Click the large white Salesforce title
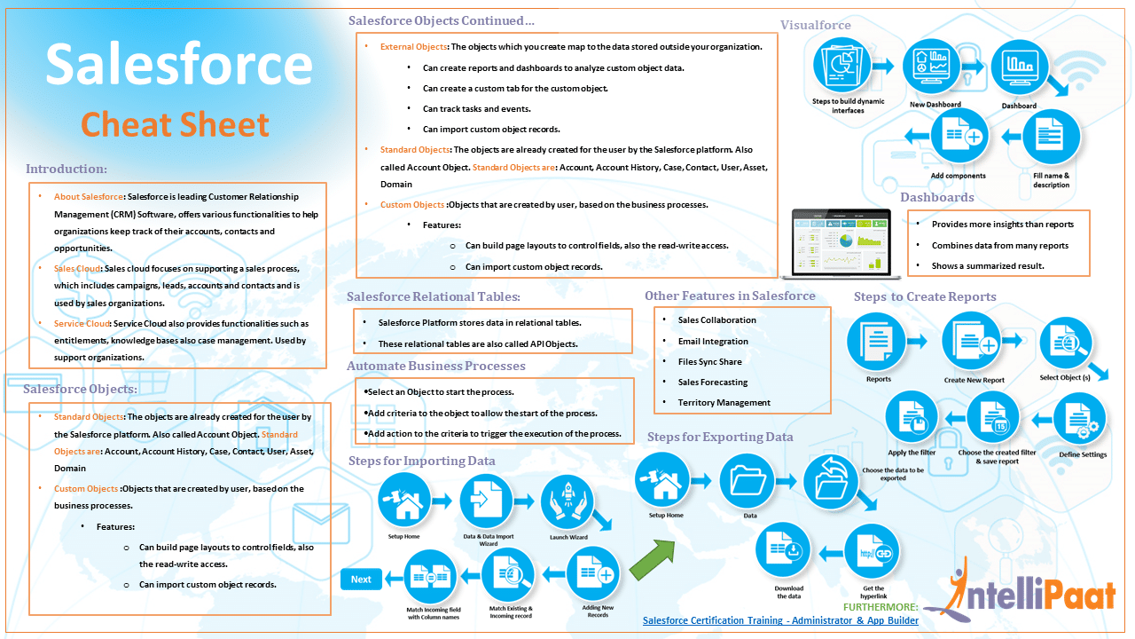(x=178, y=66)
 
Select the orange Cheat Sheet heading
(x=175, y=124)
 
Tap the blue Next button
(x=361, y=580)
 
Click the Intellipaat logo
(x=1033, y=593)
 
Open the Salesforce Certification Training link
(x=780, y=620)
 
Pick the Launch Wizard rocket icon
(x=567, y=501)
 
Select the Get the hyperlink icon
(x=873, y=552)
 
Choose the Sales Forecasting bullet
(x=712, y=383)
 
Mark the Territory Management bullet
(x=724, y=403)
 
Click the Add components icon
(x=959, y=138)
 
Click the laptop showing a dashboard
(x=841, y=241)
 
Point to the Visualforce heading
(x=815, y=25)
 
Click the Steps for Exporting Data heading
(x=720, y=437)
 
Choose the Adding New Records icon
(x=594, y=576)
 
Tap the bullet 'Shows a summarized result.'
(x=987, y=266)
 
